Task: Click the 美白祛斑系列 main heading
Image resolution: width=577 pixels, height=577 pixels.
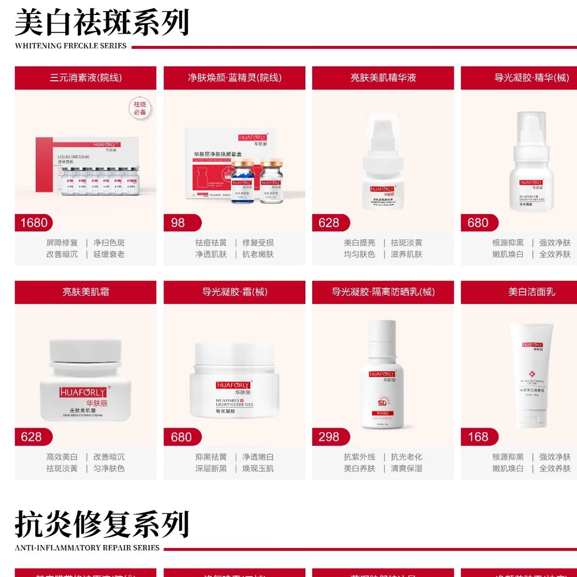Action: pyautogui.click(x=102, y=22)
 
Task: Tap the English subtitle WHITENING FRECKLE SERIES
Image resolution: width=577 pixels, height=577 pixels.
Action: pyautogui.click(x=71, y=46)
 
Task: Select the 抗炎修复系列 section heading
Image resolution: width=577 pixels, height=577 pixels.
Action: pyautogui.click(x=102, y=524)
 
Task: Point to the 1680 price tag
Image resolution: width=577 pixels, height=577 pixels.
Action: pyautogui.click(x=34, y=223)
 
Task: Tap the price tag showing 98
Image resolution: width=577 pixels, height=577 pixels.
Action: pyautogui.click(x=179, y=223)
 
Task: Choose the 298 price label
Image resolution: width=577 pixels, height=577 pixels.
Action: pyautogui.click(x=329, y=437)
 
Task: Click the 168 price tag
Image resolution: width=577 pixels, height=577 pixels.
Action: pyautogui.click(x=478, y=437)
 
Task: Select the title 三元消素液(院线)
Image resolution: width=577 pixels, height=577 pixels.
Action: pyautogui.click(x=85, y=78)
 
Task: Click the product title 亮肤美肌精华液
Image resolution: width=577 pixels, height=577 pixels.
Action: pyautogui.click(x=383, y=78)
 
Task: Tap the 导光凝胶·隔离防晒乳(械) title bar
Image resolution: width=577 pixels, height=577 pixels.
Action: pyautogui.click(x=383, y=292)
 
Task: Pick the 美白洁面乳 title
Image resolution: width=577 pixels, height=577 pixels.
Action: pyautogui.click(x=531, y=292)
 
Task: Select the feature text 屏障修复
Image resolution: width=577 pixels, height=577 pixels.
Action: pyautogui.click(x=62, y=243)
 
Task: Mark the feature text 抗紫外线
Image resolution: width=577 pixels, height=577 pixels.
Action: pyautogui.click(x=360, y=457)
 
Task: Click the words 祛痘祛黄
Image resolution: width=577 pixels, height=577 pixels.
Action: pyautogui.click(x=211, y=243)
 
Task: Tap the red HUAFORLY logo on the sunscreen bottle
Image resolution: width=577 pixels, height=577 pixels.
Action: pyautogui.click(x=382, y=374)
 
